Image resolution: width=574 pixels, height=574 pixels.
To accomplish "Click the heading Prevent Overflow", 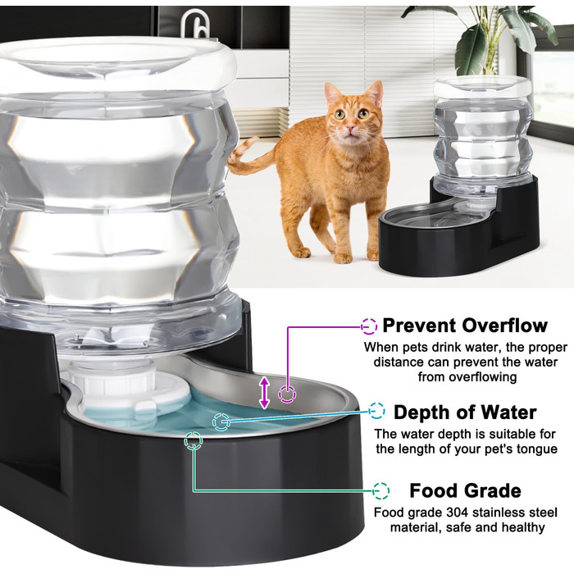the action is (465, 325).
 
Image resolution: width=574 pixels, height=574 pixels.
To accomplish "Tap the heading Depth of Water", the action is (465, 412).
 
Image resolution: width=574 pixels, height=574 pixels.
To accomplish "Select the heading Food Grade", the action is (465, 490).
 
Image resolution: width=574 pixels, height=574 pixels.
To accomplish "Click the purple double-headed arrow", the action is (264, 393).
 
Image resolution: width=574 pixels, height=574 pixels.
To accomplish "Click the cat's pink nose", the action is (351, 127).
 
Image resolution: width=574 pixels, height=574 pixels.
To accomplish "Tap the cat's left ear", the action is (332, 93).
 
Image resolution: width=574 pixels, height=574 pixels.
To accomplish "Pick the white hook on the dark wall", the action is (195, 24).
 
